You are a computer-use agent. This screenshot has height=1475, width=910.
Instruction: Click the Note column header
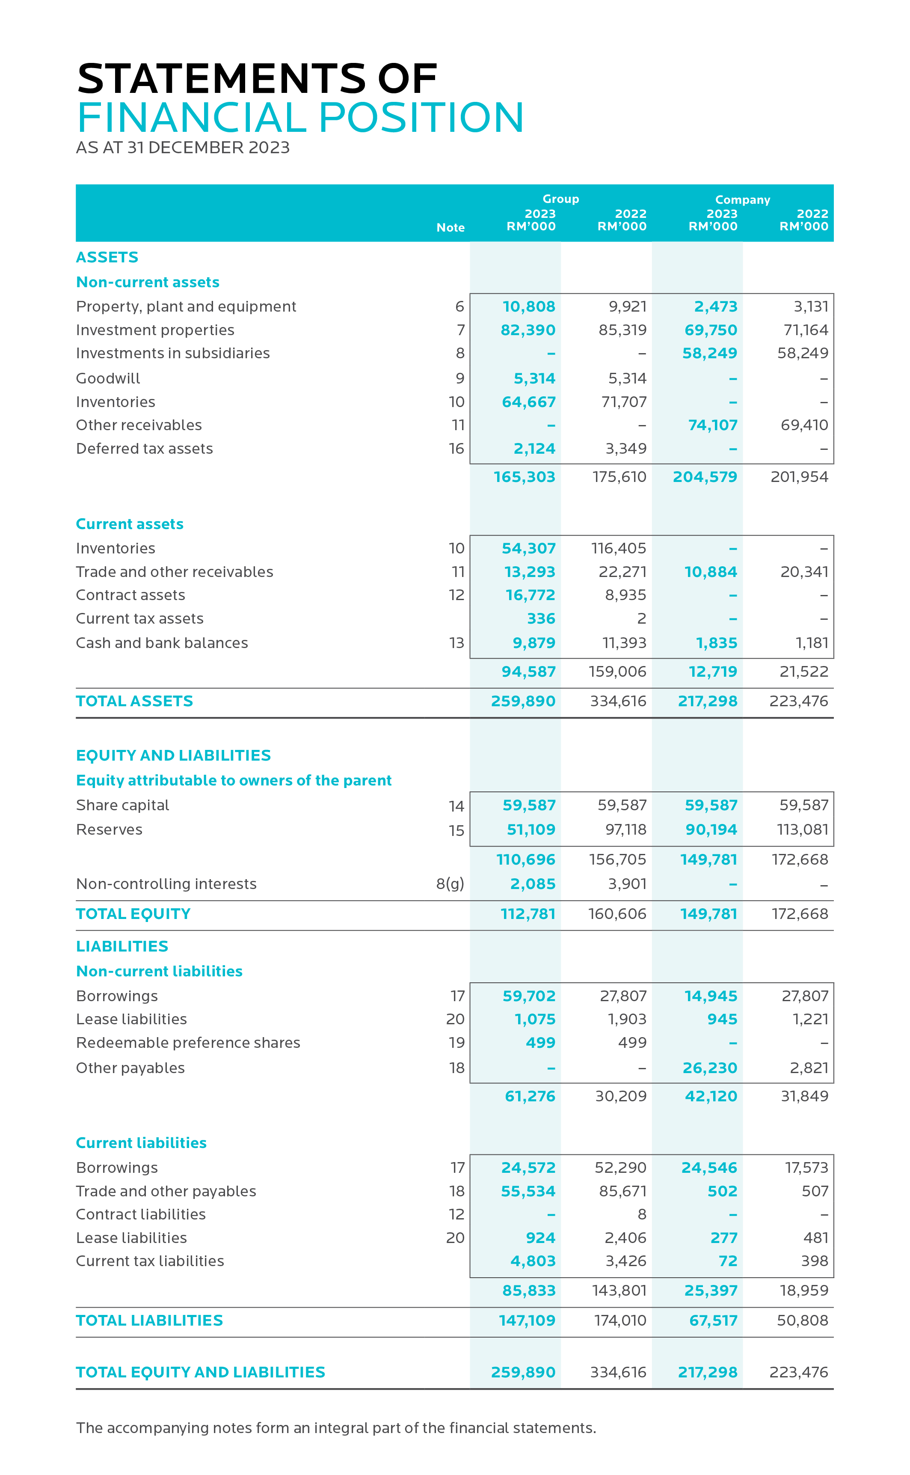(x=450, y=228)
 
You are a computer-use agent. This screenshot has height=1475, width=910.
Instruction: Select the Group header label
(x=560, y=199)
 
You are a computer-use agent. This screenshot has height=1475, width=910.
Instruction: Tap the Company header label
(x=742, y=200)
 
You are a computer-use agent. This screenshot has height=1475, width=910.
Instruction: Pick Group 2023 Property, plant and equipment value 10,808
(x=528, y=306)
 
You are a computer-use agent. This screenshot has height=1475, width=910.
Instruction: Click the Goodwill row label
(x=108, y=379)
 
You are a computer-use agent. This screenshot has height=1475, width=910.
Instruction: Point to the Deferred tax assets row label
(x=145, y=449)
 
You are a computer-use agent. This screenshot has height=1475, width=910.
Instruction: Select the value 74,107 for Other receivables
(x=713, y=425)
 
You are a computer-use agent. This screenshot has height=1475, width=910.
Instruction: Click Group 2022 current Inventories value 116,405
(x=618, y=548)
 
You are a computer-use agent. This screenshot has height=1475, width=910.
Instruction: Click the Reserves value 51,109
(x=530, y=830)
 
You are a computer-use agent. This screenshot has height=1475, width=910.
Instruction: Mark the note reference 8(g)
(x=450, y=884)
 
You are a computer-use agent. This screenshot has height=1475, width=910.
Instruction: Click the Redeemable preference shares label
(x=188, y=1043)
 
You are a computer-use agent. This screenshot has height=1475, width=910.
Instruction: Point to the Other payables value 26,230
(x=710, y=1068)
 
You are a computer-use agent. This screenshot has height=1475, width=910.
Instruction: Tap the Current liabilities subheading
(x=141, y=1143)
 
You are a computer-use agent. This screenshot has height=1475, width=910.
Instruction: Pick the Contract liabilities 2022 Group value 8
(x=642, y=1214)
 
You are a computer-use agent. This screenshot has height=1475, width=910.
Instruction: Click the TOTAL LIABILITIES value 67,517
(x=713, y=1320)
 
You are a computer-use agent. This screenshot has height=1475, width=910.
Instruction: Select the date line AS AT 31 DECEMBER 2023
(x=182, y=148)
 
